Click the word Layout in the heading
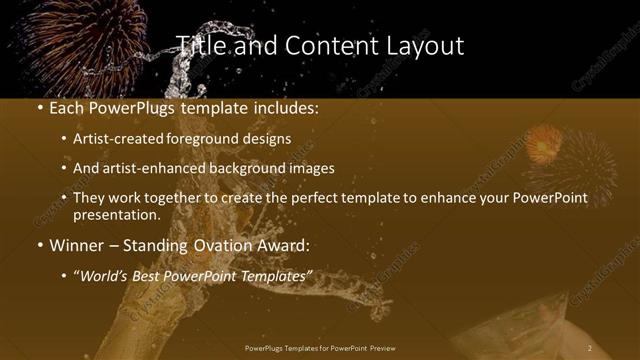pyautogui.click(x=427, y=46)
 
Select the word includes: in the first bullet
pyautogui.click(x=282, y=107)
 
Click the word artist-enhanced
pyautogui.click(x=149, y=168)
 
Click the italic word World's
pyautogui.click(x=106, y=274)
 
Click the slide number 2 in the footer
pyautogui.click(x=590, y=348)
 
